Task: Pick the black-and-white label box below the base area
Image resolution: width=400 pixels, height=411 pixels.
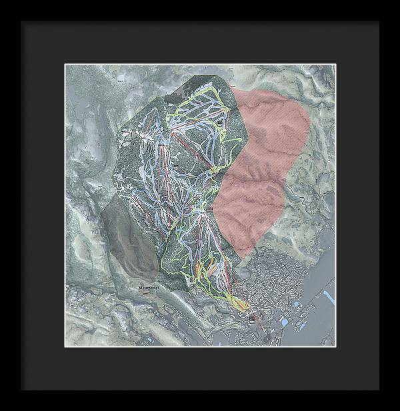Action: click(x=252, y=320)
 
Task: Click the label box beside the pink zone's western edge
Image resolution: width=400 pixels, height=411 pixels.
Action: click(x=209, y=210)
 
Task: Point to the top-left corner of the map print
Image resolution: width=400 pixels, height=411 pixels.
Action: click(x=65, y=65)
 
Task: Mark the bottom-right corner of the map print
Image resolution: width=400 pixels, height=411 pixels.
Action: click(x=335, y=347)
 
